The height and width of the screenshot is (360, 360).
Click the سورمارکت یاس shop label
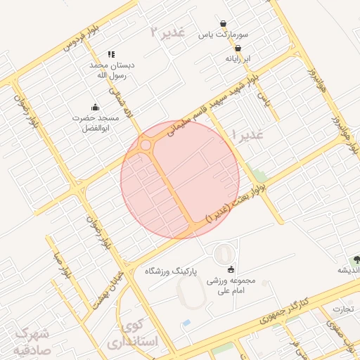point(223,34)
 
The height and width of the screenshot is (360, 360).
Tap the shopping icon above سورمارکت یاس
point(223,23)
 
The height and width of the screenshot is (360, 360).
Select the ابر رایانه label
point(237,58)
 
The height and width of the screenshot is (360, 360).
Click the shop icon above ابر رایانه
point(237,48)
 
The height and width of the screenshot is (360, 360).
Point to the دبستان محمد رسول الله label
point(111,70)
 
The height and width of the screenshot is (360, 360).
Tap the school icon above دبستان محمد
point(111,54)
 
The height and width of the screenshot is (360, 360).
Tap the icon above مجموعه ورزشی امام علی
point(231,269)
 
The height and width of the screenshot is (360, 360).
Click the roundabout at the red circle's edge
point(146,145)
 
